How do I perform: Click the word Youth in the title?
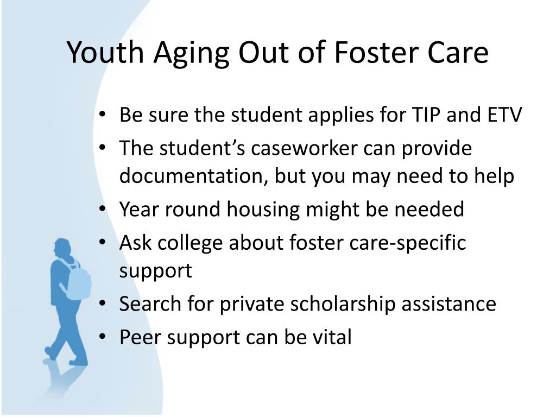pos(105,53)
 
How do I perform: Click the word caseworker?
pos(304,148)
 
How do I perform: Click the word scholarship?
pos(343,305)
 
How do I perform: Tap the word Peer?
pos(141,337)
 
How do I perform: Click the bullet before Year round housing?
pos(103,210)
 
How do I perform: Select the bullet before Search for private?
pos(103,304)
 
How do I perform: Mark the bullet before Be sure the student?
pos(103,115)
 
